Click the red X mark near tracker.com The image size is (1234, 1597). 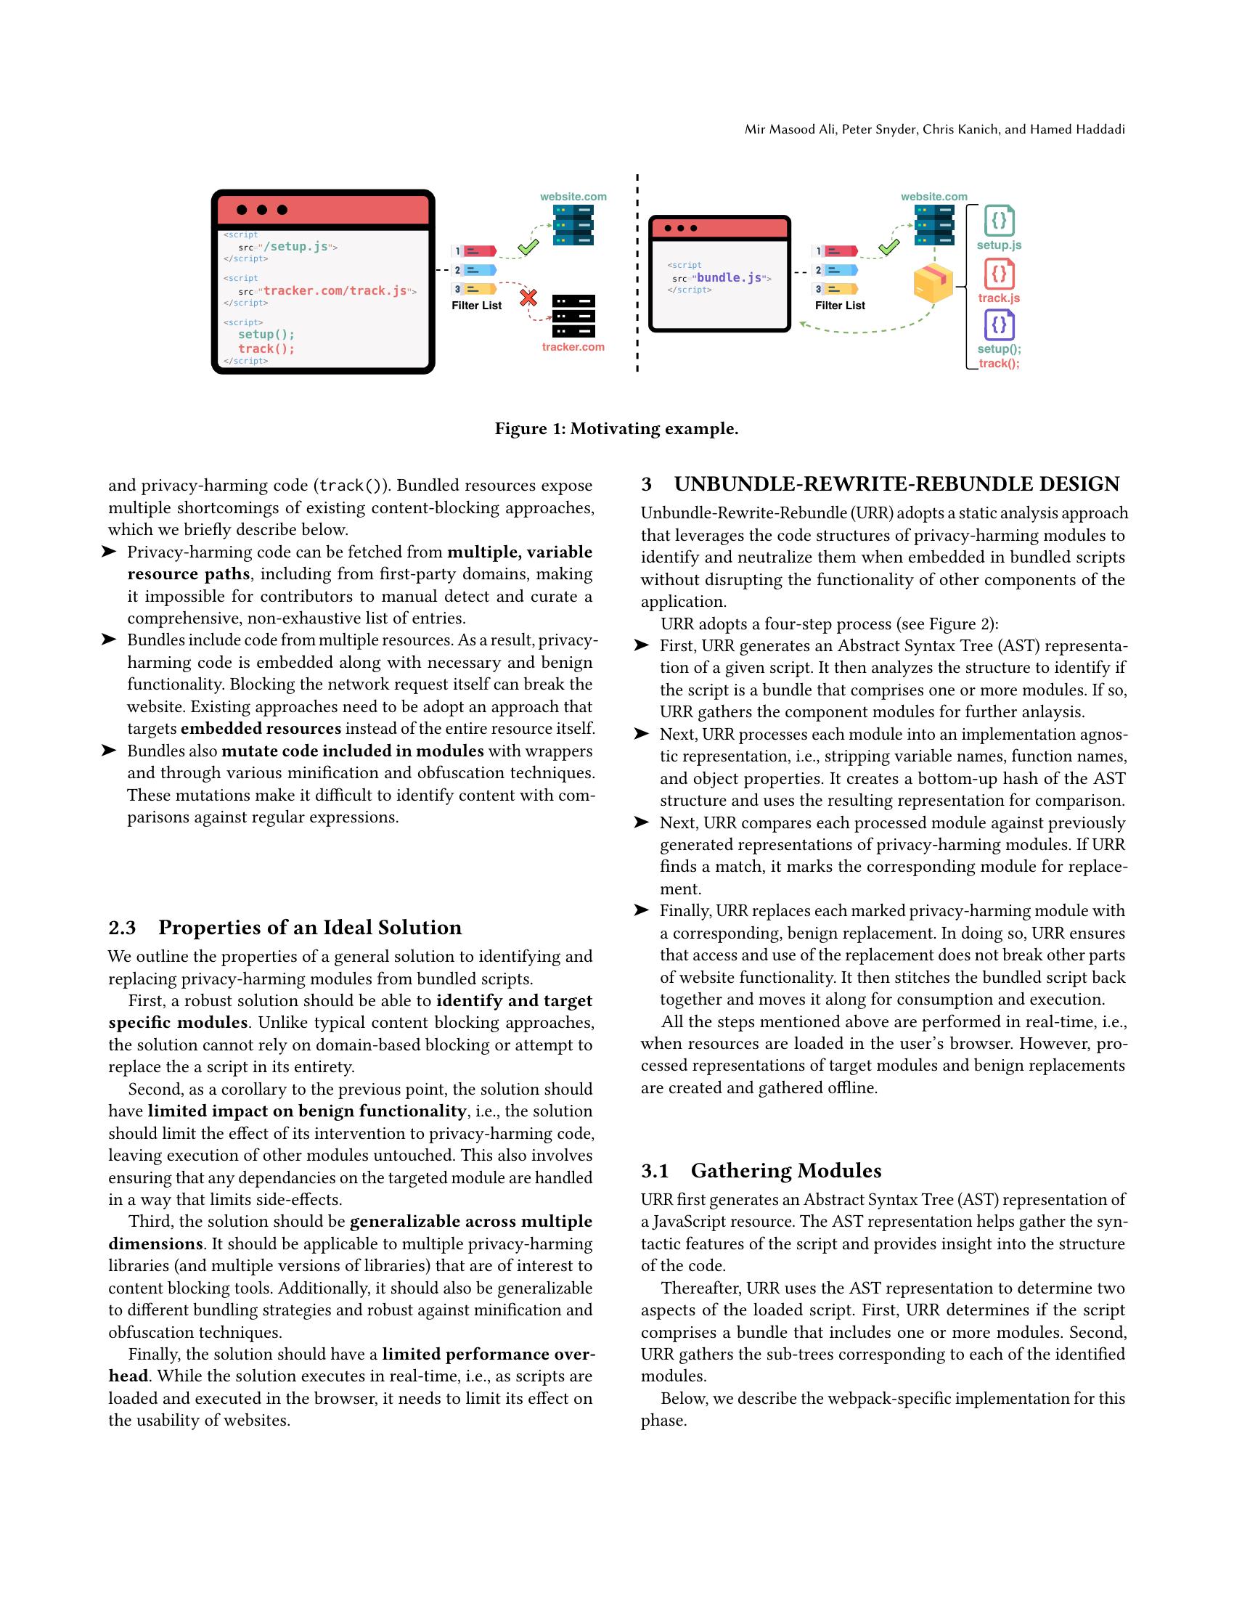[528, 298]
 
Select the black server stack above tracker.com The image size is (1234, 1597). [573, 316]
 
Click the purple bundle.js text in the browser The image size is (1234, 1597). [729, 278]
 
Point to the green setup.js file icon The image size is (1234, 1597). [999, 220]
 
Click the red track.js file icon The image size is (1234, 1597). [999, 274]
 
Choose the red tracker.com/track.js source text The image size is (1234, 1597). [335, 291]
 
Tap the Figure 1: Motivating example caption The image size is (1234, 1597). [616, 428]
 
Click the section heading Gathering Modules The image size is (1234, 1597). [785, 1171]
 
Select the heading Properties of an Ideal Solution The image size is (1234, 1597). [310, 927]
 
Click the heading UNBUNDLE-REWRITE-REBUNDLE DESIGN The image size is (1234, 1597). [896, 484]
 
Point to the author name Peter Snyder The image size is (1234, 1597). [878, 129]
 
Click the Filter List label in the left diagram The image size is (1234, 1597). [477, 306]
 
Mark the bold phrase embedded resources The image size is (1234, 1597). [261, 728]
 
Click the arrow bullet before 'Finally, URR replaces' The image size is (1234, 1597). [642, 910]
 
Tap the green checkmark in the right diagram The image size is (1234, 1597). [888, 247]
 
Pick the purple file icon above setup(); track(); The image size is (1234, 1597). [999, 325]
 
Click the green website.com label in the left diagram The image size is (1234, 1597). [573, 197]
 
